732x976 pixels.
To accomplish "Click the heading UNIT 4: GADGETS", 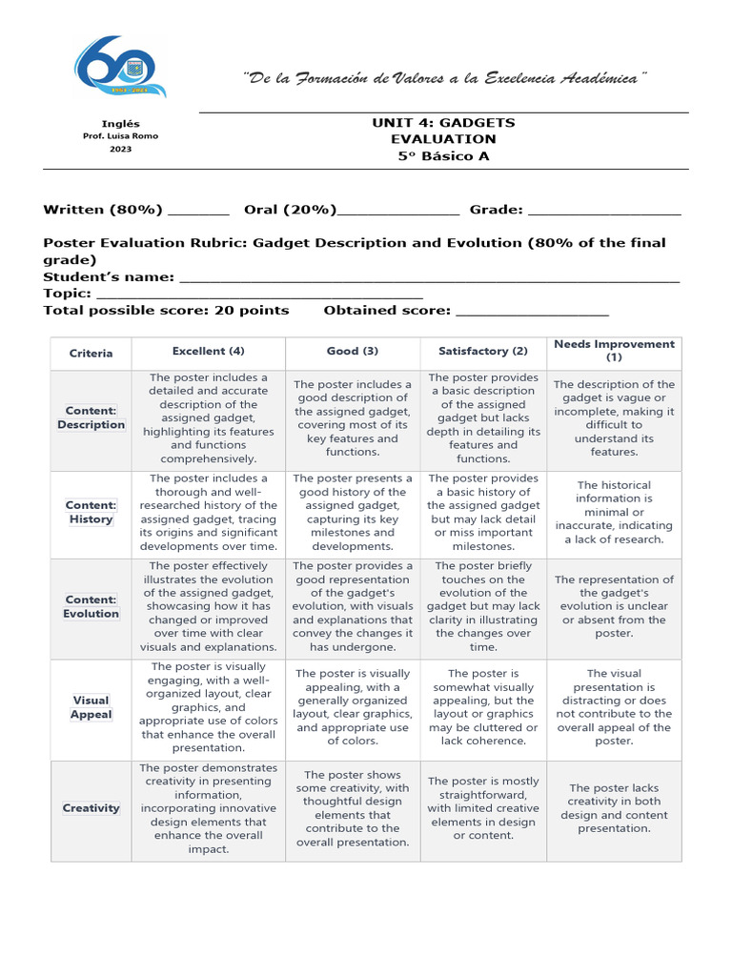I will point(443,123).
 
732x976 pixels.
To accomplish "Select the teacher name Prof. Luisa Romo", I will point(120,136).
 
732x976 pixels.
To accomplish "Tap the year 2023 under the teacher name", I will point(120,150).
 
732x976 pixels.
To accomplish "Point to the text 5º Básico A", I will point(443,156).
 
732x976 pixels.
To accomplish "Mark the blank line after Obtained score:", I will point(532,313).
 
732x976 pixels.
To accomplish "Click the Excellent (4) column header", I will point(209,351).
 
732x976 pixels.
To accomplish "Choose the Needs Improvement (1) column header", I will point(614,351).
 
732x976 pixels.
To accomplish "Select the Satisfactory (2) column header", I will point(482,351).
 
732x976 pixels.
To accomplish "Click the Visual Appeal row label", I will point(91,707).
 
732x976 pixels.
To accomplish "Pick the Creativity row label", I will point(91,808).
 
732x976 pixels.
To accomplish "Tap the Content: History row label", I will point(91,513).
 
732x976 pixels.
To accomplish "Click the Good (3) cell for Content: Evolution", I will point(353,606).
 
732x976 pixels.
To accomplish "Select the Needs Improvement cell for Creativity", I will point(614,808).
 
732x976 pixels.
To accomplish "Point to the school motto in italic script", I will point(444,76).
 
